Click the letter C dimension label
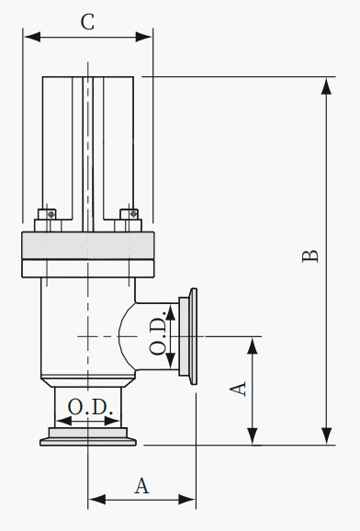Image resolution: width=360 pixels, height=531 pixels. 87,22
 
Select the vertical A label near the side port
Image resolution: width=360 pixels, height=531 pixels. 238,389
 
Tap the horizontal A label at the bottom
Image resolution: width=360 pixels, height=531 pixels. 142,486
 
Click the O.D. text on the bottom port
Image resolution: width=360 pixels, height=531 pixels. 90,407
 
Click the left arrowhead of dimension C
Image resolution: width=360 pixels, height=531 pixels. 32,37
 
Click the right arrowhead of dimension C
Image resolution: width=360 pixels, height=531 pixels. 143,37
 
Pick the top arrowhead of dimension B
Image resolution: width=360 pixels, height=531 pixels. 326,86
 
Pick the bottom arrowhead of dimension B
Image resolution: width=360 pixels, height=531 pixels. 326,436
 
